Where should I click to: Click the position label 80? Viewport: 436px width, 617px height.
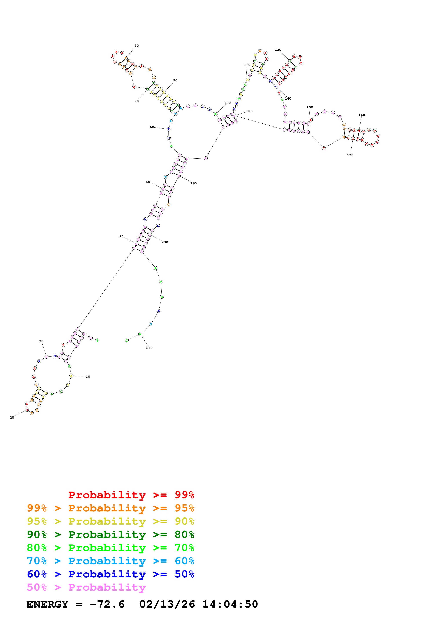[x=136, y=46]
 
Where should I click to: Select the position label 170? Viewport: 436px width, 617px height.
[x=350, y=155]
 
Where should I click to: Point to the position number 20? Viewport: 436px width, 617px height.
[x=12, y=417]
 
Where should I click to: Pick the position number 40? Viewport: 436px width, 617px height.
[x=121, y=237]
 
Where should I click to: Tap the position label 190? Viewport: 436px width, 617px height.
[x=193, y=183]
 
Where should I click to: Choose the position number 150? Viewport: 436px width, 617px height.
[x=310, y=107]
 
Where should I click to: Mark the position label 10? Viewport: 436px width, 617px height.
[x=88, y=377]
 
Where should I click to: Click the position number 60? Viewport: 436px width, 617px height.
[x=152, y=127]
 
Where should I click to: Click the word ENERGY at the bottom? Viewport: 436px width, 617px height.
[x=47, y=604]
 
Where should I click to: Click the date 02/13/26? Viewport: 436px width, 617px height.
[x=167, y=604]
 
